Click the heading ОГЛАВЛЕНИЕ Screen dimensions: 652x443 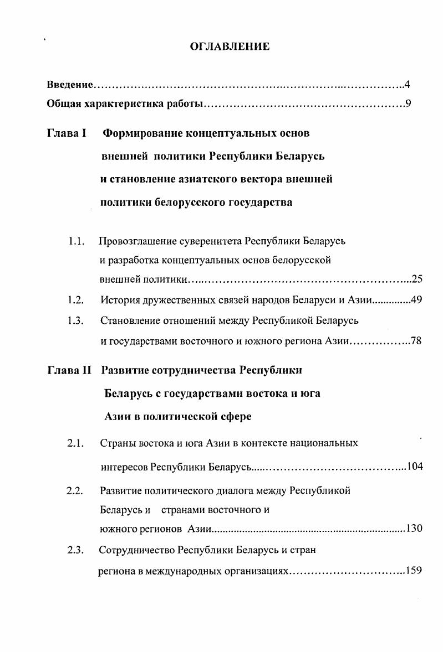click(230, 47)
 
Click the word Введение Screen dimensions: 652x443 click(69, 85)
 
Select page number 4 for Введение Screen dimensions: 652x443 click(407, 85)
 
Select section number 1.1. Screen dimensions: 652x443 click(76, 241)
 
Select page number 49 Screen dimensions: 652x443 click(416, 301)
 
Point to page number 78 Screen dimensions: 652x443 click(416, 341)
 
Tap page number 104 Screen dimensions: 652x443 click(415, 466)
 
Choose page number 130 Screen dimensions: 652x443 click(414, 529)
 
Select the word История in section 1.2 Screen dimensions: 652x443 click(118, 301)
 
